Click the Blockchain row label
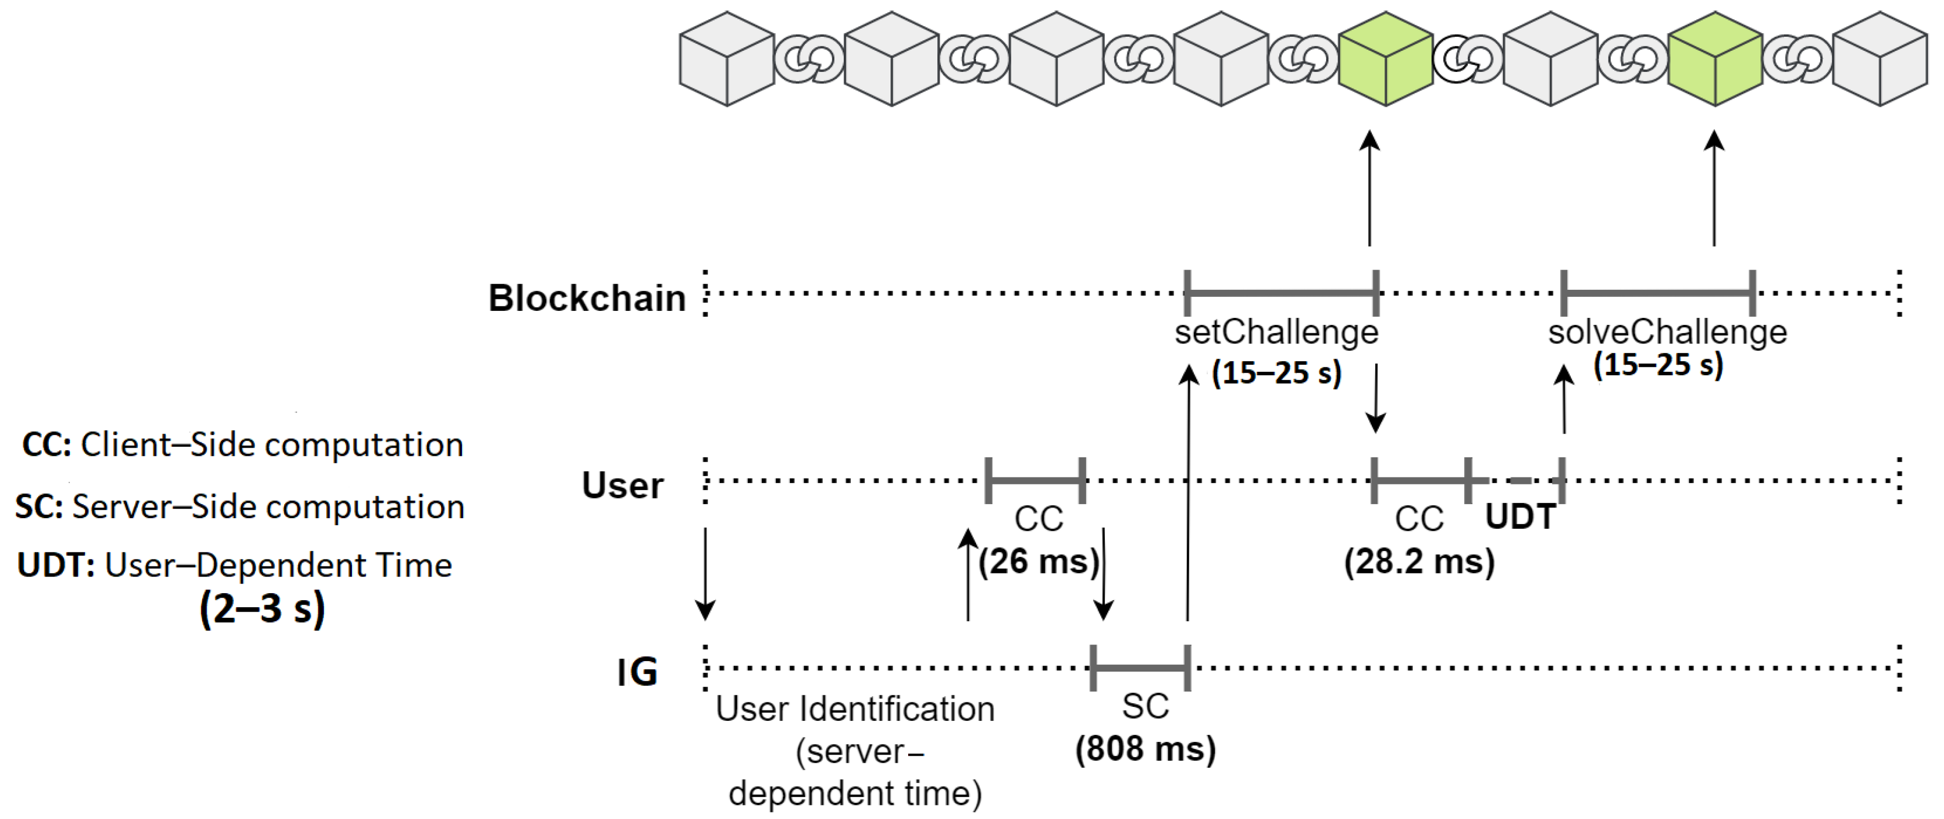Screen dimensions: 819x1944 pyautogui.click(x=586, y=298)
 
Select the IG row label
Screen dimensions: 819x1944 pyautogui.click(x=637, y=672)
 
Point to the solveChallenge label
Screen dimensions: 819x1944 pyautogui.click(x=1667, y=332)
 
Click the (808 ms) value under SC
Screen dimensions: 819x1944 pyautogui.click(x=1145, y=749)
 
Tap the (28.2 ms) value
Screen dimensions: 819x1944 pyautogui.click(x=1419, y=561)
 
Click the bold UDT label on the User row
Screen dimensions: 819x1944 pyautogui.click(x=1520, y=517)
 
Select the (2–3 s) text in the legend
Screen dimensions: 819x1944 pyautogui.click(x=262, y=608)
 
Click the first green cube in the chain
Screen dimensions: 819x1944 pyautogui.click(x=1385, y=59)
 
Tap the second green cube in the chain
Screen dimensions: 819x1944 pyautogui.click(x=1715, y=59)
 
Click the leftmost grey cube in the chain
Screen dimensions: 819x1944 pyautogui.click(x=727, y=59)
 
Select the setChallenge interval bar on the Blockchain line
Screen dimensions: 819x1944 pyautogui.click(x=1281, y=293)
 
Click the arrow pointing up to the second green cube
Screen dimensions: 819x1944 pyautogui.click(x=1714, y=189)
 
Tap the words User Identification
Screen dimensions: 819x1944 pyautogui.click(x=854, y=709)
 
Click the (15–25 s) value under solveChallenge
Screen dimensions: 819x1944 pyautogui.click(x=1658, y=365)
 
